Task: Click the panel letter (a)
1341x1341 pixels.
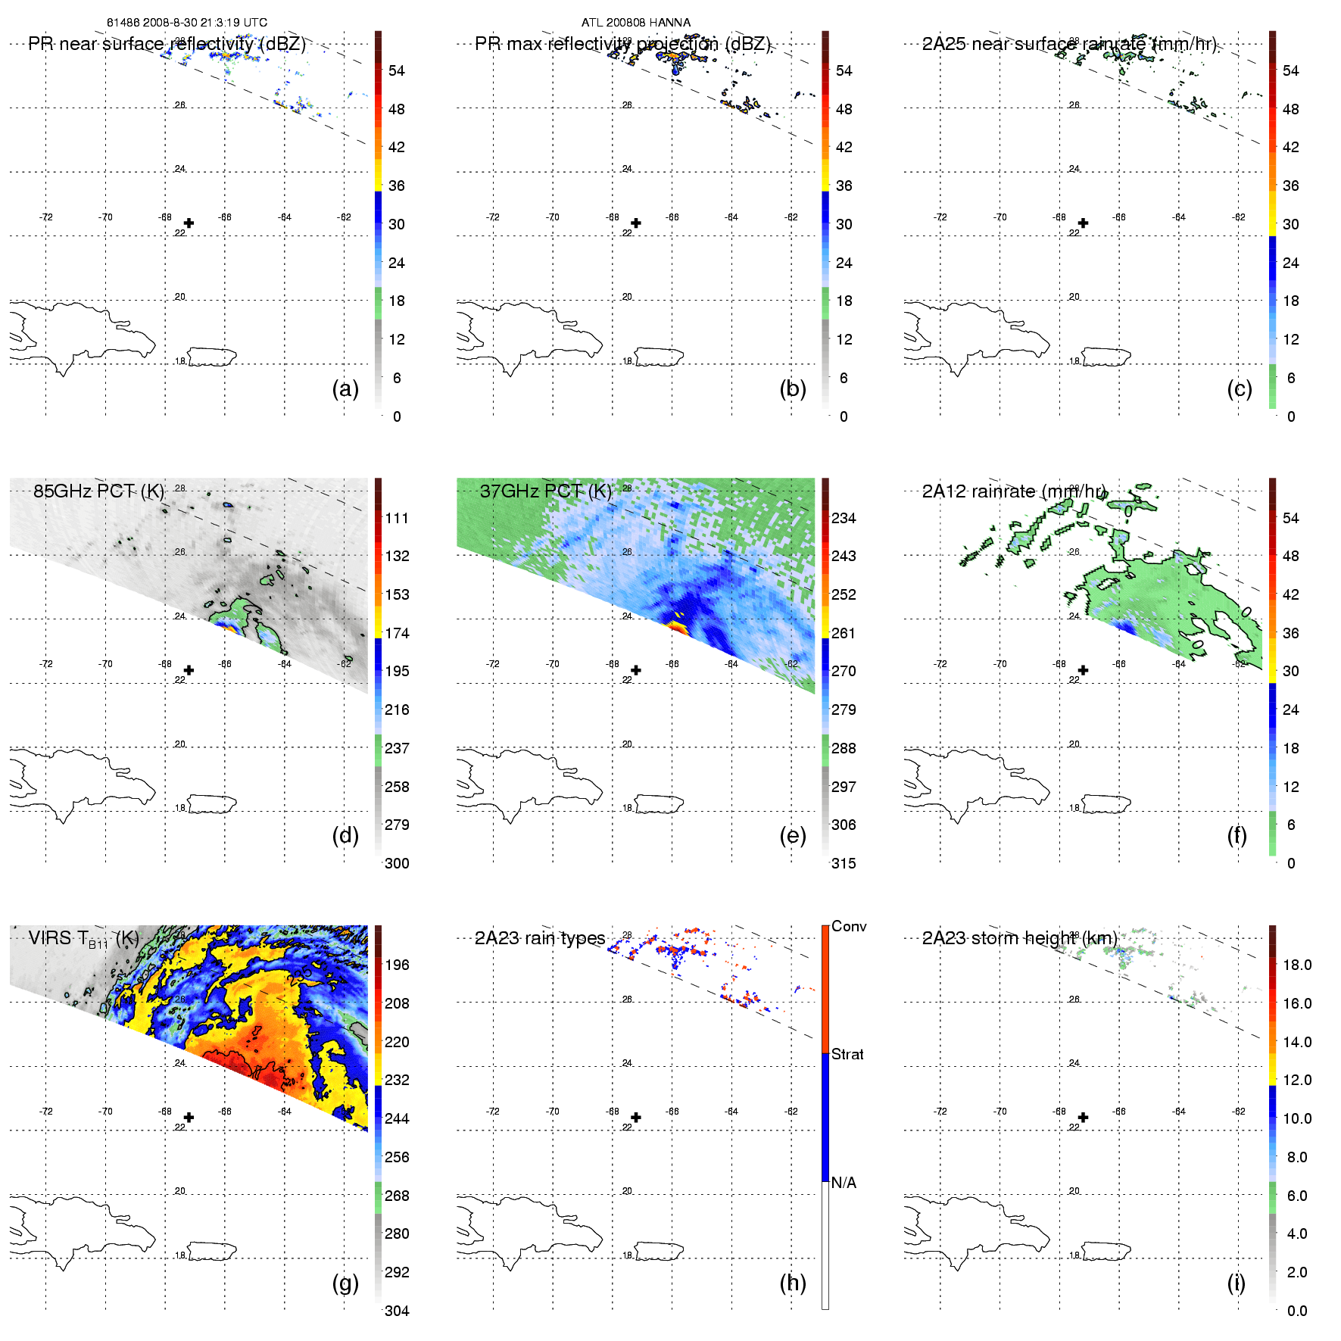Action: click(x=345, y=389)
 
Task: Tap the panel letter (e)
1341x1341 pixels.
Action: click(x=792, y=836)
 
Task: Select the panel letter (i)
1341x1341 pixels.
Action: click(x=1236, y=1283)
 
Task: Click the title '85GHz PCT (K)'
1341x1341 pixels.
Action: click(x=98, y=491)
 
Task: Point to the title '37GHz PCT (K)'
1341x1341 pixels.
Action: click(x=545, y=491)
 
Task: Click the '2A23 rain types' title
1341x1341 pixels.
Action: click(x=540, y=938)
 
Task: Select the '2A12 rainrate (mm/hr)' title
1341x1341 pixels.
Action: click(x=1015, y=491)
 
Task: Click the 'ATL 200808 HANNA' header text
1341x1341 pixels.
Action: click(x=636, y=23)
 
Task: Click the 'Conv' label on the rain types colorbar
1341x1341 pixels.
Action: click(x=849, y=926)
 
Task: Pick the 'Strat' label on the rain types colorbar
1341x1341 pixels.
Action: click(x=847, y=1054)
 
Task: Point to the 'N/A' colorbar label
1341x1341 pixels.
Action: click(x=844, y=1183)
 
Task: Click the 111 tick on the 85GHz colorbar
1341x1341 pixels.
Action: click(x=397, y=518)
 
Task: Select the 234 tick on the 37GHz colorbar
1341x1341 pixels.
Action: click(x=844, y=518)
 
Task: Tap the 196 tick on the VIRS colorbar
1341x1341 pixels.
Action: click(x=397, y=965)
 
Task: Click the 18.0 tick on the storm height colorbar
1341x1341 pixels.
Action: click(x=1297, y=965)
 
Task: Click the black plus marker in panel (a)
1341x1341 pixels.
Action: click(x=189, y=223)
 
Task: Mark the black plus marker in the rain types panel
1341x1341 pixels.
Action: click(x=636, y=1118)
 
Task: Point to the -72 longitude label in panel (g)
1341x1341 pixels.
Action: click(x=46, y=1112)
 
